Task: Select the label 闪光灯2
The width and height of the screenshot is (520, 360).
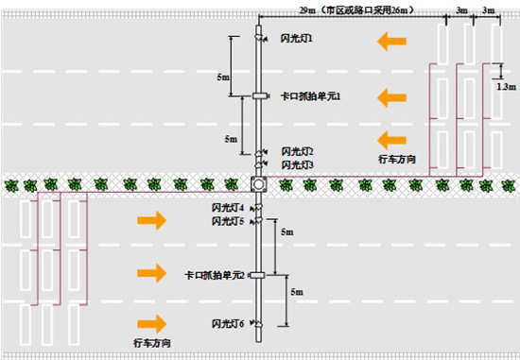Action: (x=297, y=151)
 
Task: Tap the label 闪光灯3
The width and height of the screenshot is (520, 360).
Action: (x=297, y=164)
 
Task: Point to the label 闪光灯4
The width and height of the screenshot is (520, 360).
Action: (x=228, y=207)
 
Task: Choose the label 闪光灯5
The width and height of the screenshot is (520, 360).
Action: (x=228, y=221)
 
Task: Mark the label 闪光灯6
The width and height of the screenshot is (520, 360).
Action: (x=228, y=324)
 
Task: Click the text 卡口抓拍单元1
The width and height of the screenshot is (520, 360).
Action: (x=309, y=96)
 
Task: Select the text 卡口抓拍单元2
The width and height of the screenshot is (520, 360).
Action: (x=215, y=275)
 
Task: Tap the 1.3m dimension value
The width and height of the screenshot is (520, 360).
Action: (x=507, y=85)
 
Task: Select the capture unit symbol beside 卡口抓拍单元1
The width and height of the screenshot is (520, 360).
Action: (x=260, y=96)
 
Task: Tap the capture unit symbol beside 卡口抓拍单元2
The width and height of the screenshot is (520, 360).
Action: (x=260, y=275)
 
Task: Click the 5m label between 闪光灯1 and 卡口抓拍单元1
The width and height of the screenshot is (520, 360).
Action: (x=223, y=75)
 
